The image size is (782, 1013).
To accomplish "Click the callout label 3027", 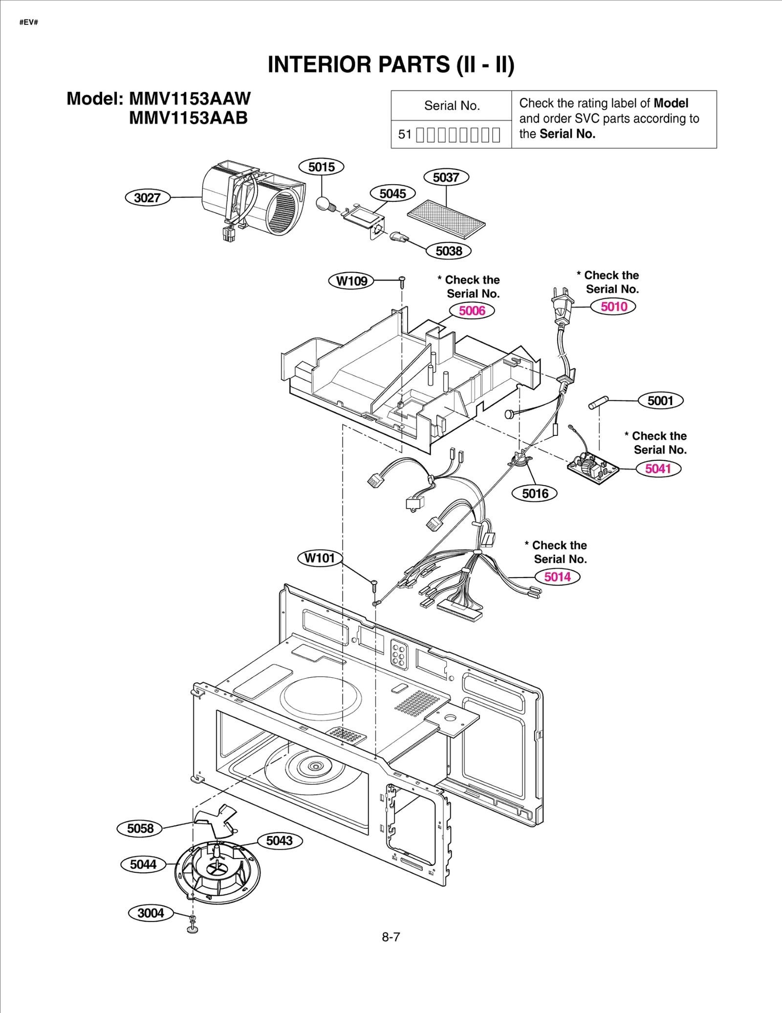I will [x=148, y=198].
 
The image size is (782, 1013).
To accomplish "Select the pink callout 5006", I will [x=472, y=311].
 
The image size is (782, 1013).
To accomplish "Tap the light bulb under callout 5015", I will [x=323, y=203].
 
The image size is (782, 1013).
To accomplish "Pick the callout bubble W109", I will [x=351, y=281].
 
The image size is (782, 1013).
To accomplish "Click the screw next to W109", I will [x=402, y=281].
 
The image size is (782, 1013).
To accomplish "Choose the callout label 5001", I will [x=660, y=401].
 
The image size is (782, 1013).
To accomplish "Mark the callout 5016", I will [x=535, y=494].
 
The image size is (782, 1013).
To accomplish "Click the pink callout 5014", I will [x=557, y=577].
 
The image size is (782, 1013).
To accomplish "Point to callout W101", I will [x=320, y=558].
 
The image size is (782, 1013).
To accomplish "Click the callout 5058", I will [x=140, y=829].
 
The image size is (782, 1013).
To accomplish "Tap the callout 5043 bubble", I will [x=279, y=841].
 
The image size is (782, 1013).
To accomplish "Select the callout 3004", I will [x=151, y=913].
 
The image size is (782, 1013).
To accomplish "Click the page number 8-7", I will [x=391, y=937].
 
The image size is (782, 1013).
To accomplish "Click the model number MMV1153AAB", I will [x=188, y=118].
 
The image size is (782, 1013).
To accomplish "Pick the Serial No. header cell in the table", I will [x=452, y=106].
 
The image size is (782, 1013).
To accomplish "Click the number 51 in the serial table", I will [x=405, y=134].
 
